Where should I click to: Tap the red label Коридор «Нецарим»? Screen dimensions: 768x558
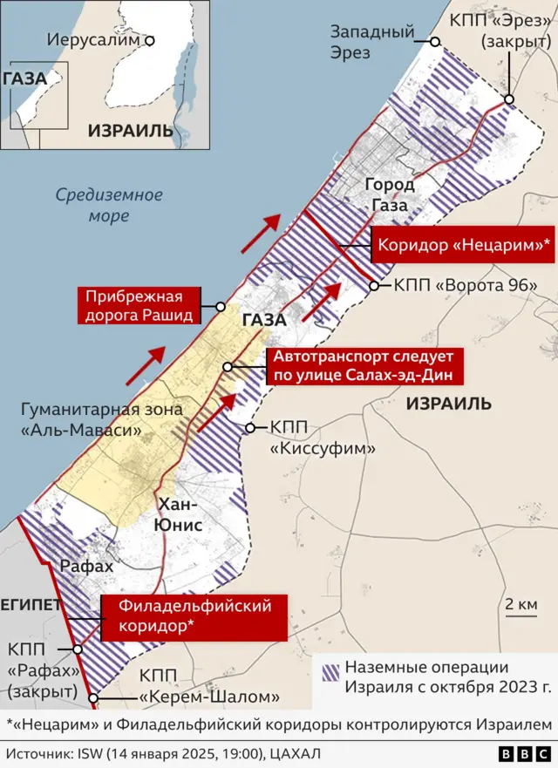coord(463,246)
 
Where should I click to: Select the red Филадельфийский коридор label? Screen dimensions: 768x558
coord(194,616)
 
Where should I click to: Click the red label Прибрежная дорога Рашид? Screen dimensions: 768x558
coord(139,305)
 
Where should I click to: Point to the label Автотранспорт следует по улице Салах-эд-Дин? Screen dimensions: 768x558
coord(364,365)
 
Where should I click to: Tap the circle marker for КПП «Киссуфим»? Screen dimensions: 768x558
coord(251,428)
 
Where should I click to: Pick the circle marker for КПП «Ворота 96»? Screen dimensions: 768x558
coord(375,285)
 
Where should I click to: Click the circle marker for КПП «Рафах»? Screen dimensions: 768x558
coord(78,649)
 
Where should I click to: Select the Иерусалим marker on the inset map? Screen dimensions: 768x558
coord(150,40)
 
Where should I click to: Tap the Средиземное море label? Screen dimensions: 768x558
coord(109,205)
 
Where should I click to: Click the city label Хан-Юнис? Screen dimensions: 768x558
coord(180,514)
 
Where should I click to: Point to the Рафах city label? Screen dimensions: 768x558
coord(86,567)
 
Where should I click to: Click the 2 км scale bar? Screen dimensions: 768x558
coord(521,615)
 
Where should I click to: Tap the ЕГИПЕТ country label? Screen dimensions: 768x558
coord(31,605)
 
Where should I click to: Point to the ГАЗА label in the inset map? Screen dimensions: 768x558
coord(24,78)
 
